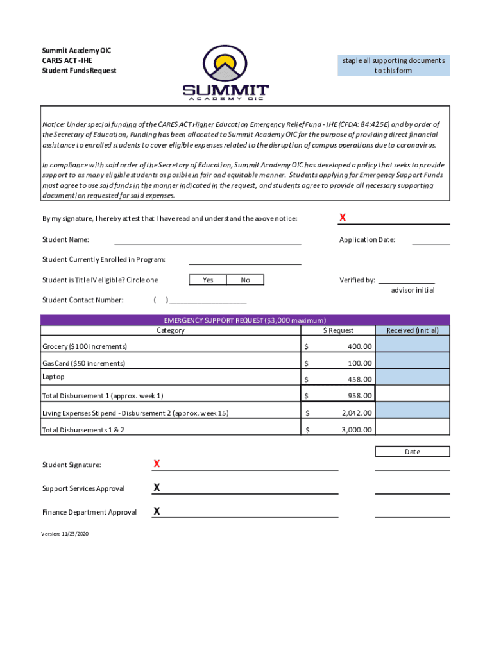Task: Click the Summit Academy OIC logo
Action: coord(225,74)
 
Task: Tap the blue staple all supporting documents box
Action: coord(393,65)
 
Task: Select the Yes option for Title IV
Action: coord(208,280)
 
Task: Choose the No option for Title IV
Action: coord(245,280)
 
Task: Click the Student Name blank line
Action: coord(207,243)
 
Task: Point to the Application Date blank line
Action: coord(430,243)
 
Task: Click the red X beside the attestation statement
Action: coord(343,218)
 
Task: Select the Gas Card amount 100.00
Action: coord(359,363)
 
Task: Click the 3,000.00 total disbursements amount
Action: coord(357,429)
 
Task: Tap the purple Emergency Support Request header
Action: coord(245,320)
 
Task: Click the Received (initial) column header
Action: coord(412,330)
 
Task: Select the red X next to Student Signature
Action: coord(157,464)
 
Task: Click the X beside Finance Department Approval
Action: coord(157,511)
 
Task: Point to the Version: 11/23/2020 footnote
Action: coord(65,533)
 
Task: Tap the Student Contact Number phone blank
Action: coord(207,300)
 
